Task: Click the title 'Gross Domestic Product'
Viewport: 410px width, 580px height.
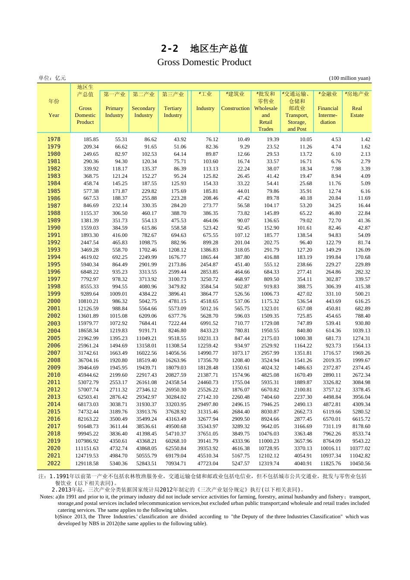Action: pyautogui.click(x=204, y=62)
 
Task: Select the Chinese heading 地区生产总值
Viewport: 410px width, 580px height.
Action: pyautogui.click(x=219, y=49)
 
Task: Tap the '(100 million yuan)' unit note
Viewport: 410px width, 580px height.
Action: pyautogui.click(x=350, y=78)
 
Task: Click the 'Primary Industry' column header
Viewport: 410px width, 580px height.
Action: pyautogui.click(x=114, y=112)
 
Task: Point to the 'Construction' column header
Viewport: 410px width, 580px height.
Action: pyautogui.click(x=235, y=108)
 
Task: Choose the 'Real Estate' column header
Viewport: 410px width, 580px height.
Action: pyautogui.click(x=357, y=112)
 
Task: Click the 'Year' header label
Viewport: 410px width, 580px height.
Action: pyautogui.click(x=54, y=115)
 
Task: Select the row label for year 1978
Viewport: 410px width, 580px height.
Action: pyautogui.click(x=54, y=139)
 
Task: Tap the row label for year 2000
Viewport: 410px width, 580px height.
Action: pyautogui.click(x=54, y=301)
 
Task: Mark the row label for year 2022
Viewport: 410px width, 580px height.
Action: pyautogui.click(x=54, y=463)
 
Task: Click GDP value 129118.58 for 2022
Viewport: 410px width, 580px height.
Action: pyautogui.click(x=87, y=463)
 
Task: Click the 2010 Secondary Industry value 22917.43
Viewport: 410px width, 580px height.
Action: pyautogui.click(x=147, y=375)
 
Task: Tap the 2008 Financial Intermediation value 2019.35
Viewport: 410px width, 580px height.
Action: pyautogui.click(x=332, y=360)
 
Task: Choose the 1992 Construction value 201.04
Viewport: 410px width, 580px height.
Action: pyautogui.click(x=242, y=243)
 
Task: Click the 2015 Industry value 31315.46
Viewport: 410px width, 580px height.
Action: pyautogui.click(x=208, y=412)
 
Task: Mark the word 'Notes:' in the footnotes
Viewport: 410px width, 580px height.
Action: pyautogui.click(x=47, y=497)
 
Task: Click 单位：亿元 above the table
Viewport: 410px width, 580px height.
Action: pyautogui.click(x=52, y=78)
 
